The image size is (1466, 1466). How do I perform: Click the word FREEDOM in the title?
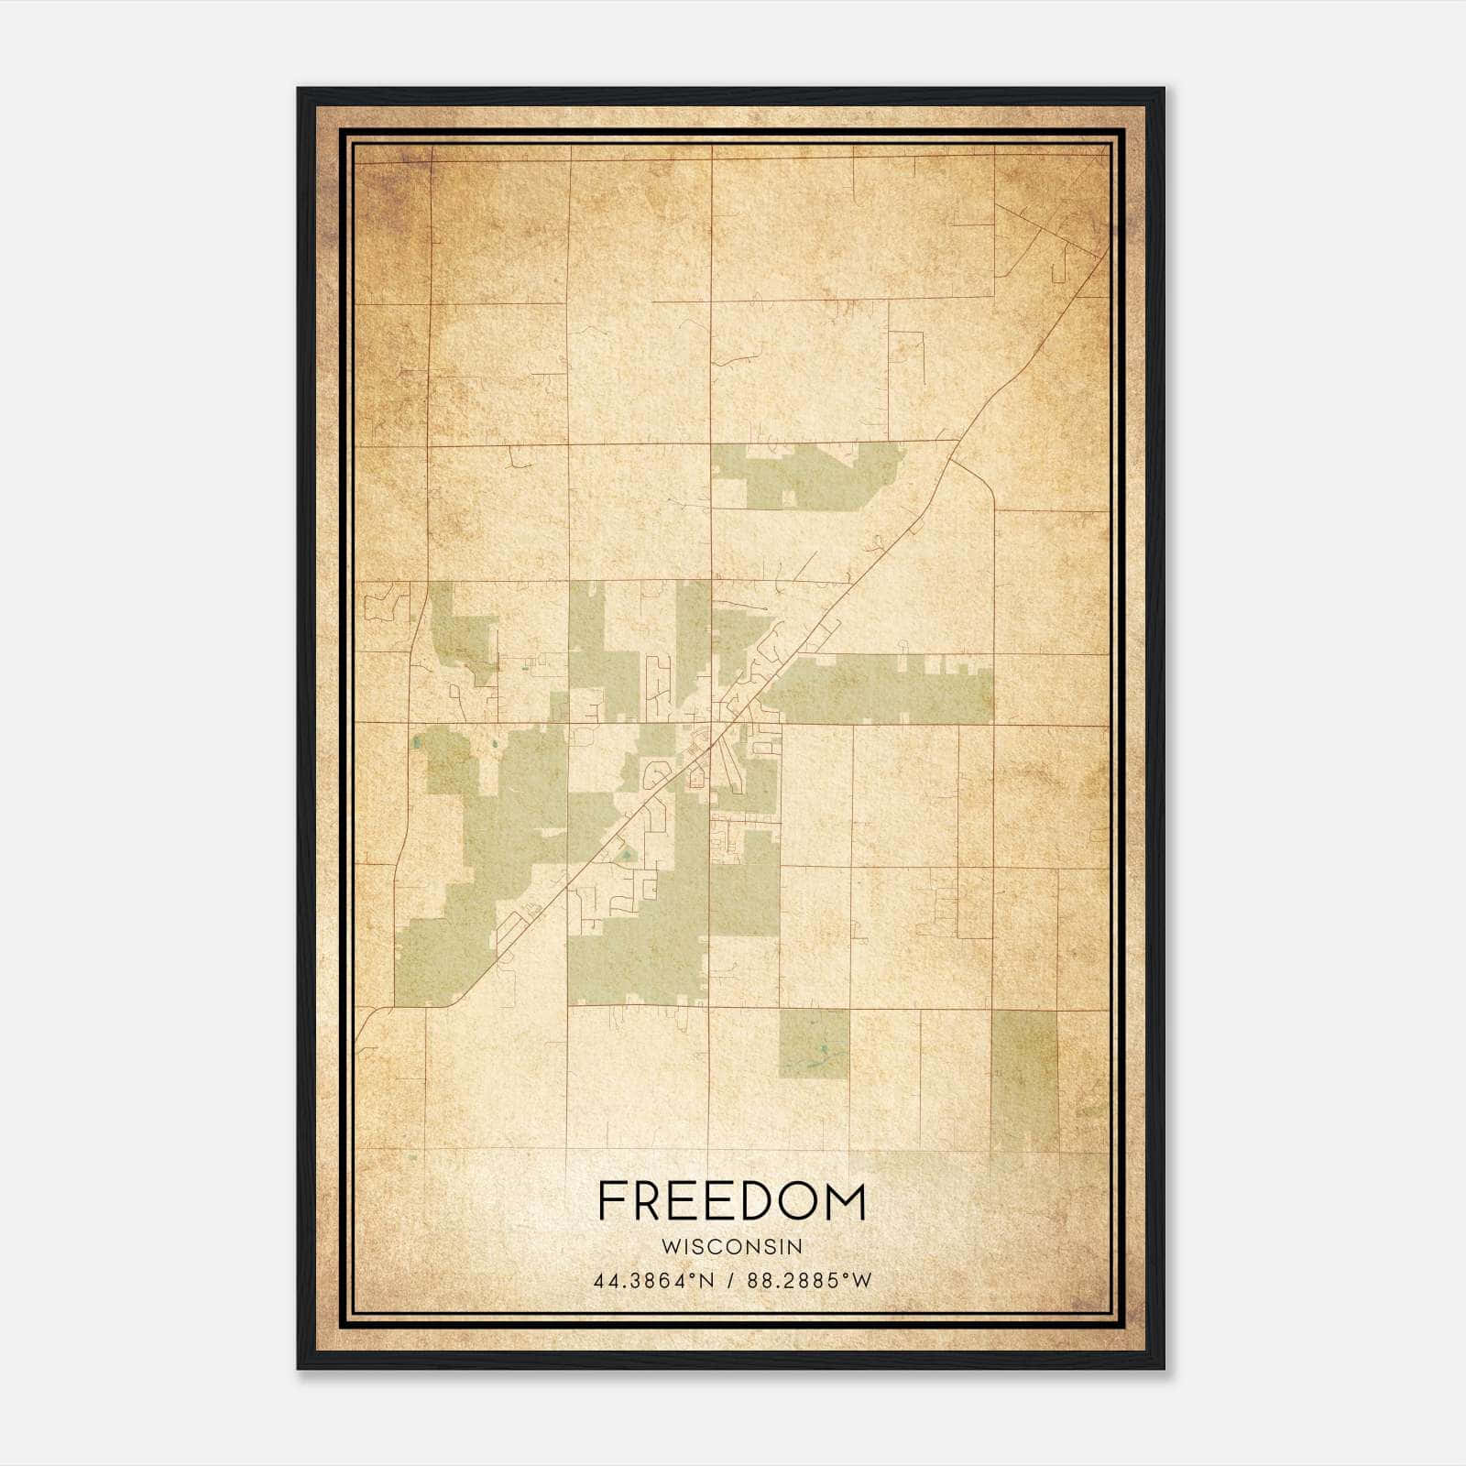click(x=731, y=1202)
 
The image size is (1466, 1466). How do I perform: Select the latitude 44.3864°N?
click(x=652, y=1281)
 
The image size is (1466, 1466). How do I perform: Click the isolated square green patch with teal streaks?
click(x=814, y=1044)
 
